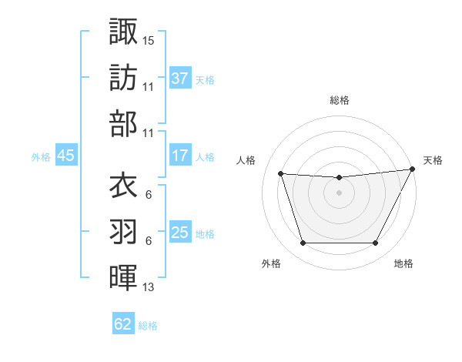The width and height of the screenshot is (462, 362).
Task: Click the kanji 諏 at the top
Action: point(123,32)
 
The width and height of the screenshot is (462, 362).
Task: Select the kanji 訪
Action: point(123,78)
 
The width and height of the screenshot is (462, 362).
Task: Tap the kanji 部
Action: point(123,124)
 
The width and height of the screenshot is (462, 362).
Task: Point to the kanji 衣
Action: point(123,186)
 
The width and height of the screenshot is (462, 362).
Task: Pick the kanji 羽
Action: point(123,232)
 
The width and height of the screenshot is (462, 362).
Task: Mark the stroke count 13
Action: point(149,287)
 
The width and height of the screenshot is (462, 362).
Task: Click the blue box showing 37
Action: point(180,78)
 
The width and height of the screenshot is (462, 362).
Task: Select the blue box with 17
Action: point(180,155)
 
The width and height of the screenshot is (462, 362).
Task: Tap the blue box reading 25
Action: point(180,233)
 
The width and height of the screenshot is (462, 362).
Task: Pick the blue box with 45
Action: point(65,156)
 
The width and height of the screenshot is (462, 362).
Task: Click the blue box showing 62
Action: point(123,324)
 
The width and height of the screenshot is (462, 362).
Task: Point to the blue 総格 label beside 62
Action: point(148,326)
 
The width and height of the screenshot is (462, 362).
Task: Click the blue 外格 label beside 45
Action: point(41,157)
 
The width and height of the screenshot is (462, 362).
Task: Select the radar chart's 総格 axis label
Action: point(340,100)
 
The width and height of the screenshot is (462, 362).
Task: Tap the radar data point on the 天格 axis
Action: point(413,169)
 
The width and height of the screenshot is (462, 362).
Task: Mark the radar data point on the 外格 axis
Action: point(303,243)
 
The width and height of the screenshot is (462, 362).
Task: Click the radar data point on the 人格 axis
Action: point(280,174)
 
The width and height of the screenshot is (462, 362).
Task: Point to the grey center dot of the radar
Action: point(339,193)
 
